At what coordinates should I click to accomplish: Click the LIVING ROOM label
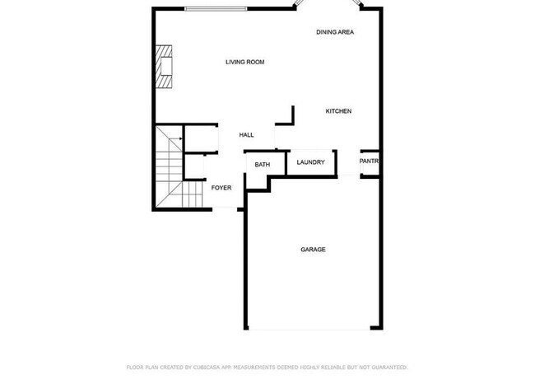pos(244,62)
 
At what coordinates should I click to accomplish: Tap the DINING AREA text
pos(335,32)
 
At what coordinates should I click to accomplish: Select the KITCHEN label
pos(338,111)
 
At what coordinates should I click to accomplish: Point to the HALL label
pos(246,135)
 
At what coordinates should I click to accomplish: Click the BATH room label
pos(262,165)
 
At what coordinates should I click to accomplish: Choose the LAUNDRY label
pos(311,162)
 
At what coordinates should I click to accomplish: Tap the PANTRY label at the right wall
pos(369,161)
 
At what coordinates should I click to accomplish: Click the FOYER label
pos(221,188)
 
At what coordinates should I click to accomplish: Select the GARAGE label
pos(313,250)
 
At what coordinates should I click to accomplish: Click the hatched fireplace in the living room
pos(165,67)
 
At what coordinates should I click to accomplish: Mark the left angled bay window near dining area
pos(301,5)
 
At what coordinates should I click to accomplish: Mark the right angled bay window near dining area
pos(357,5)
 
